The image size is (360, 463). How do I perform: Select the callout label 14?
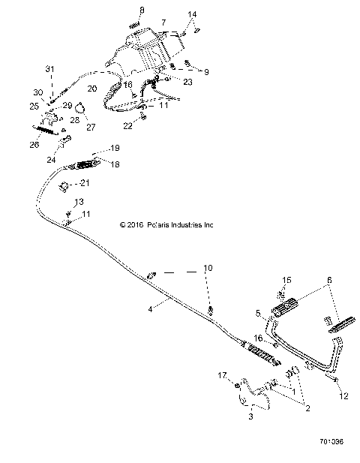pyautogui.click(x=193, y=14)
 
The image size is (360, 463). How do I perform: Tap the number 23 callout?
pyautogui.click(x=187, y=82)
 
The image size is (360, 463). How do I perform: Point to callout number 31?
pyautogui.click(x=50, y=70)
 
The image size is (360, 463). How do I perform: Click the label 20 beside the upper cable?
pyautogui.click(x=91, y=89)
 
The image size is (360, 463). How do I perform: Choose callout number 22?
pyautogui.click(x=127, y=126)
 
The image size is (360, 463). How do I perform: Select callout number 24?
pyautogui.click(x=50, y=159)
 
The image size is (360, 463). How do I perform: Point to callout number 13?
pyautogui.click(x=79, y=203)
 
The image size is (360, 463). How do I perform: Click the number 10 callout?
pyautogui.click(x=208, y=268)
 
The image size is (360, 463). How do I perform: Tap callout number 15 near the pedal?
pyautogui.click(x=286, y=280)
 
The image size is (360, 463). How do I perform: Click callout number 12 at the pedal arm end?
pyautogui.click(x=343, y=395)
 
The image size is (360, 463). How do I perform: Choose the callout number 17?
pyautogui.click(x=221, y=375)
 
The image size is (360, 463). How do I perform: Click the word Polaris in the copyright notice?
pyautogui.click(x=157, y=224)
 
